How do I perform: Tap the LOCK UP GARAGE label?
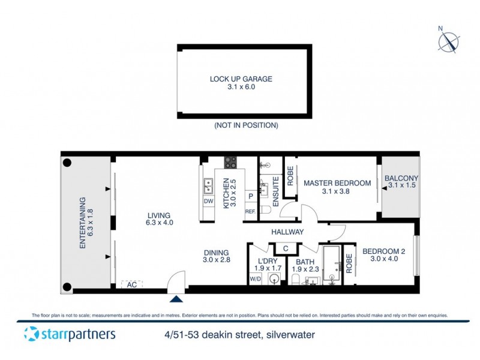click(241, 79)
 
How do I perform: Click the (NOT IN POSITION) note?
click(246, 125)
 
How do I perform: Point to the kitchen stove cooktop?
click(231, 163)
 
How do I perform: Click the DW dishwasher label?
click(208, 202)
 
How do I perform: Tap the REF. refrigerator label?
click(250, 212)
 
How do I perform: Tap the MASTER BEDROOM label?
click(334, 183)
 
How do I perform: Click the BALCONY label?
click(401, 178)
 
